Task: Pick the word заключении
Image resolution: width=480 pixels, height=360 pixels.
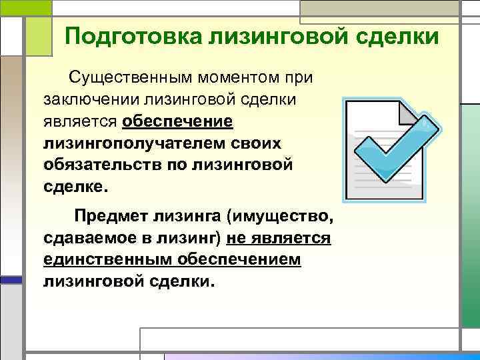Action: click(93, 100)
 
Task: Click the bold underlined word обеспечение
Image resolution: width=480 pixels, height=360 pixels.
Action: click(177, 122)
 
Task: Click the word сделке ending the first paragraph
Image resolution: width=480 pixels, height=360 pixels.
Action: click(73, 187)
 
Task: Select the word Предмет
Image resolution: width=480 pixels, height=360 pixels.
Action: click(106, 217)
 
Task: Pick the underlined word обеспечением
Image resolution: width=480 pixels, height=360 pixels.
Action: click(243, 260)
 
